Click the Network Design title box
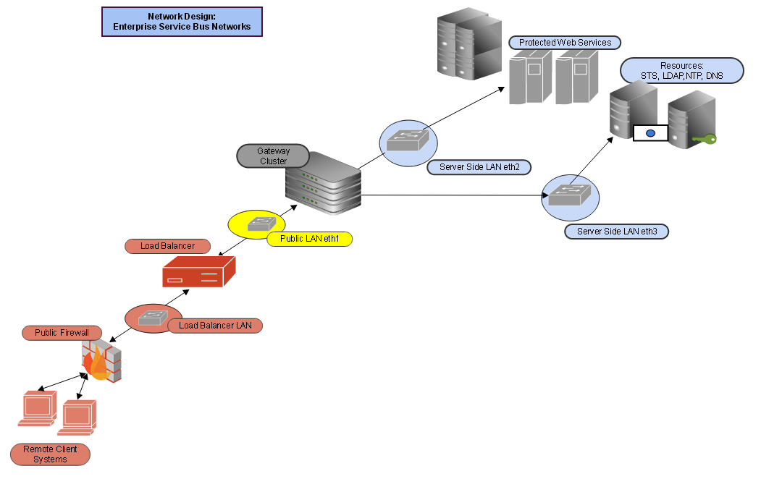click(x=182, y=22)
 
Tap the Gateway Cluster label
click(x=273, y=156)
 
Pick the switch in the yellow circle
click(x=260, y=224)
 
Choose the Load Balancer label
click(x=167, y=246)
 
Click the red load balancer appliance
click(x=198, y=274)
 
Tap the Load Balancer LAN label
click(x=215, y=326)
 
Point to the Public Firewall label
click(x=62, y=333)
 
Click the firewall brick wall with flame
click(x=102, y=363)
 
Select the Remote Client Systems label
click(x=50, y=454)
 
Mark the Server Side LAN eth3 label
click(x=616, y=232)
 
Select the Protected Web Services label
click(x=565, y=43)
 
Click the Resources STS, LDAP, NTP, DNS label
click(x=681, y=71)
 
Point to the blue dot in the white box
click(x=649, y=133)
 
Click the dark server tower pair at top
click(x=470, y=45)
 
